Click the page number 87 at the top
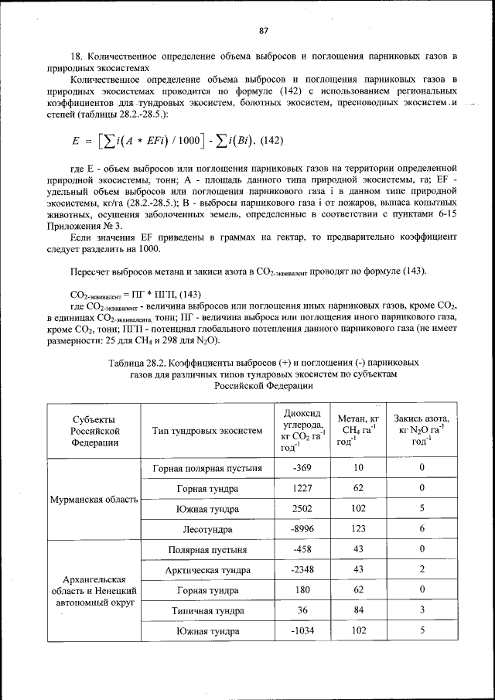[x=263, y=30]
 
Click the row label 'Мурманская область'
[x=94, y=500]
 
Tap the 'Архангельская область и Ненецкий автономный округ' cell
[x=94, y=591]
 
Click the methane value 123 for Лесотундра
[x=357, y=530]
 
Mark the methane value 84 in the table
[x=357, y=610]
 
